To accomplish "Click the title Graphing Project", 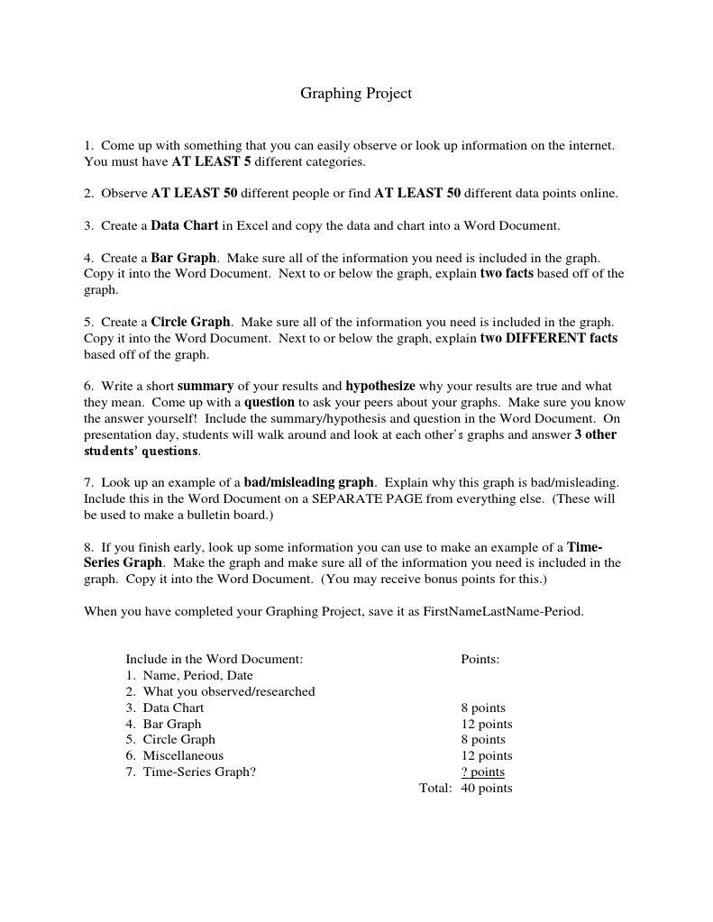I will tap(356, 94).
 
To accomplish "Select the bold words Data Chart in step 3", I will tap(185, 225).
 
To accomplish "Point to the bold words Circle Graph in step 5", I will tap(191, 322).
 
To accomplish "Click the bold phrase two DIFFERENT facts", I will tap(549, 338).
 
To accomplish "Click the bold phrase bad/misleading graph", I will tap(308, 482).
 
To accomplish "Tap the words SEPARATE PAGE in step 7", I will tap(358, 498).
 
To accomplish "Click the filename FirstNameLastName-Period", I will tap(503, 611).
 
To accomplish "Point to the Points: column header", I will tap(480, 659).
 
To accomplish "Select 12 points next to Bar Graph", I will tap(487, 724).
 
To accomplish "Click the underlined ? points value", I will tap(483, 772).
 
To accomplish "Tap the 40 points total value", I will tap(487, 789).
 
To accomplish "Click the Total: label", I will tap(435, 789).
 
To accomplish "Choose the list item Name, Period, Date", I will tap(197, 675).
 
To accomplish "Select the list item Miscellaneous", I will tap(183, 756).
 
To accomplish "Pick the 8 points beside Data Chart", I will tap(483, 707).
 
